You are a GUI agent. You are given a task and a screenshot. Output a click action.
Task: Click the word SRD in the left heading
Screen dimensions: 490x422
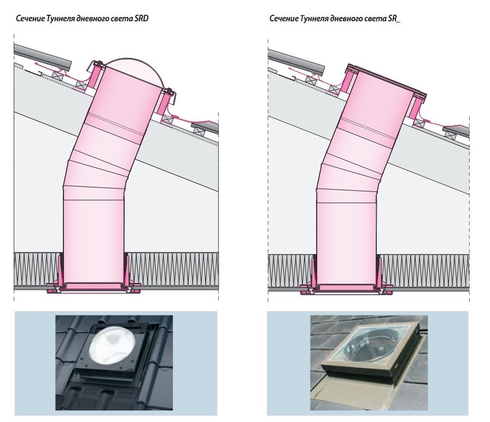tap(141, 19)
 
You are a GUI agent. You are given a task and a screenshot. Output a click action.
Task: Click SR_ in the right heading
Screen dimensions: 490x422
tap(394, 19)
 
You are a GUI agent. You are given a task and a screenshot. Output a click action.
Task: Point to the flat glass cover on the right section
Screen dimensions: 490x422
tap(388, 79)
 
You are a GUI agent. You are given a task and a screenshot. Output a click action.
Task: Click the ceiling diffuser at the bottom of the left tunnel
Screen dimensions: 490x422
tap(94, 288)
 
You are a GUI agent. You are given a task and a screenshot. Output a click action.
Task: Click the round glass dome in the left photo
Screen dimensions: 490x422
tap(112, 344)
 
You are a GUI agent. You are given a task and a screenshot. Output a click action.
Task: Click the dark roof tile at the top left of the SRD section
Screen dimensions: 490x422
tap(43, 57)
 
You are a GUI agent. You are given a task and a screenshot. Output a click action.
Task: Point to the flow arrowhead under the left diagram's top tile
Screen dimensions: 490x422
tap(36, 65)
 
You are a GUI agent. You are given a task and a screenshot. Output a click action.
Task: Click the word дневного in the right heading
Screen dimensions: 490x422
tap(347, 19)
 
